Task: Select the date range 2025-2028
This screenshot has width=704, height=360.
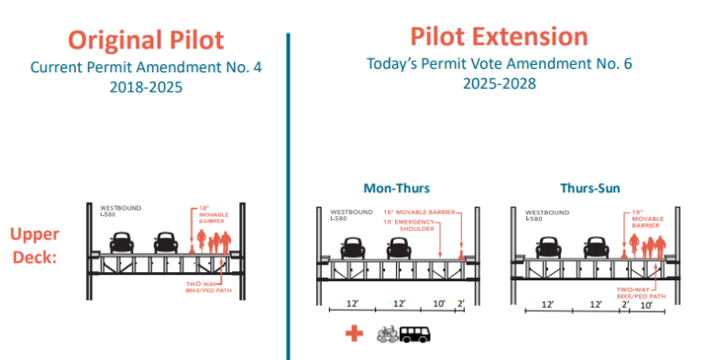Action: (x=500, y=83)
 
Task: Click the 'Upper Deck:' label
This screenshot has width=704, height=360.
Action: (x=36, y=245)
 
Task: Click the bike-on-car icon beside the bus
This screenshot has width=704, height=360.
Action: (x=386, y=334)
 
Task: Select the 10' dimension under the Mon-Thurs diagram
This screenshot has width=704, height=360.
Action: (x=438, y=302)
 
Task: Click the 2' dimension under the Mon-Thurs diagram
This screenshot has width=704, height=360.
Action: (x=462, y=302)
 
